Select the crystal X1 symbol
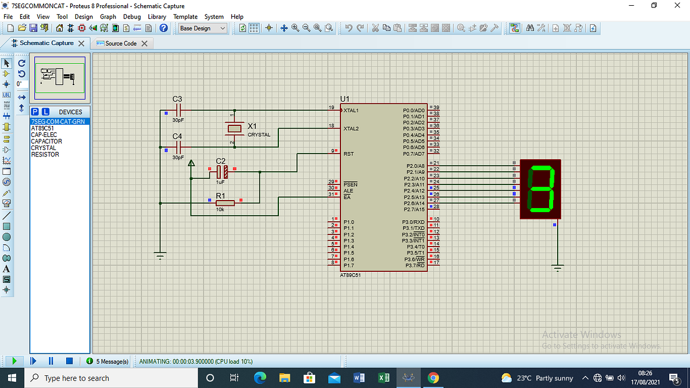[233, 128]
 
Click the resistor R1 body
[225, 202]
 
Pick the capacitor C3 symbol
[178, 110]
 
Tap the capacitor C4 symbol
[178, 147]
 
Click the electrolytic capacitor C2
[222, 171]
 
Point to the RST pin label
[348, 154]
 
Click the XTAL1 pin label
[351, 110]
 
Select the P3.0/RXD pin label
[415, 222]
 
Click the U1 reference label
[345, 99]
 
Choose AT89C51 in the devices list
[43, 128]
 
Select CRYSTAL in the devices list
[43, 148]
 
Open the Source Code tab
[121, 44]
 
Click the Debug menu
[132, 17]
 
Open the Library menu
[157, 17]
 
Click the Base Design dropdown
[202, 28]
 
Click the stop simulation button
[69, 361]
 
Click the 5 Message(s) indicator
[110, 361]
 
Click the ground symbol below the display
[557, 267]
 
